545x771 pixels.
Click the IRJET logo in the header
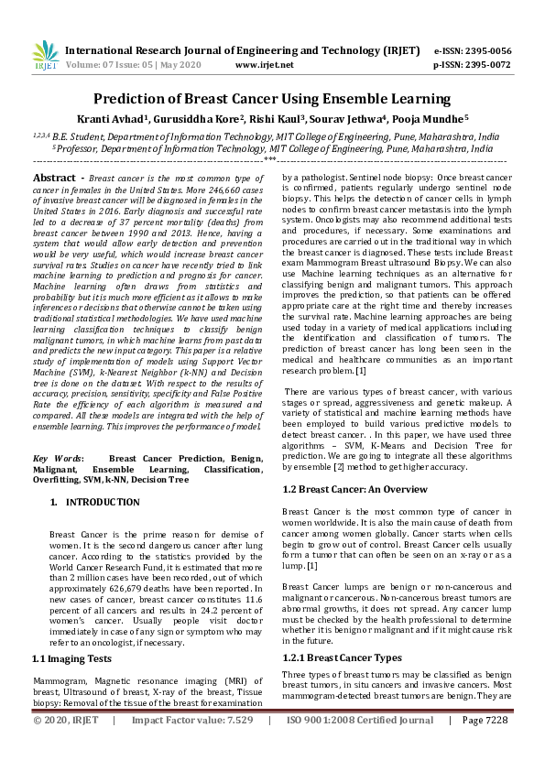(45, 56)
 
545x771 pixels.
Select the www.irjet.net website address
(264, 65)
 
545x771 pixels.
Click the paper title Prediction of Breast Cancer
(272, 98)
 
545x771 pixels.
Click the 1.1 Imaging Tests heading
(72, 658)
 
